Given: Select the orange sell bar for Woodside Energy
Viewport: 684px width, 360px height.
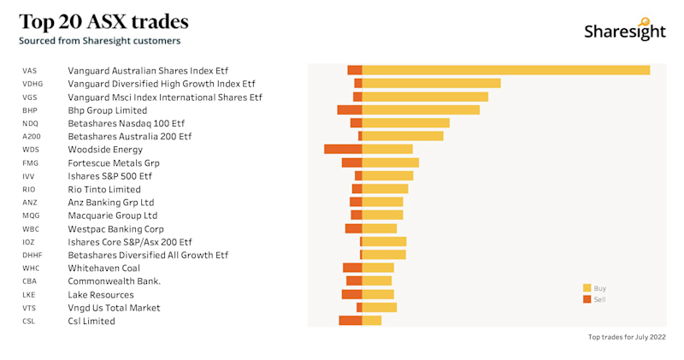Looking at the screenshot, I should pyautogui.click(x=343, y=150).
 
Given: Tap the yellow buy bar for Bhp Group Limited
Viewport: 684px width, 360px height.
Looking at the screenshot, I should pyautogui.click(x=421, y=109).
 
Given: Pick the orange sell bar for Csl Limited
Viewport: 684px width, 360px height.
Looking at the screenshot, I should pyautogui.click(x=351, y=321).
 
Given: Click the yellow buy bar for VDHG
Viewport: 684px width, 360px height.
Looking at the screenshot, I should pyautogui.click(x=432, y=83).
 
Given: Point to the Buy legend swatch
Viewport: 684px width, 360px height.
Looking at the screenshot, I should pyautogui.click(x=587, y=288).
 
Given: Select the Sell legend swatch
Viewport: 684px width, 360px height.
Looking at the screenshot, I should pyautogui.click(x=587, y=299).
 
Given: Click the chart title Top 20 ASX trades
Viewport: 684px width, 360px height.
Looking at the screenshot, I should pyautogui.click(x=103, y=21).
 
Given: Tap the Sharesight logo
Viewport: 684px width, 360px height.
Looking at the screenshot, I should pyautogui.click(x=624, y=30).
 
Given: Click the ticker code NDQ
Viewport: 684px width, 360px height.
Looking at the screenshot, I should pyautogui.click(x=31, y=123).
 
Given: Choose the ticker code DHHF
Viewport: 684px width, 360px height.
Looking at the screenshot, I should pyautogui.click(x=32, y=255).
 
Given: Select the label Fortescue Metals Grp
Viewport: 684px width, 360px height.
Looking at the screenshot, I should pyautogui.click(x=114, y=162).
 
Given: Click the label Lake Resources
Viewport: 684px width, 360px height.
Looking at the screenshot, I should pyautogui.click(x=101, y=294).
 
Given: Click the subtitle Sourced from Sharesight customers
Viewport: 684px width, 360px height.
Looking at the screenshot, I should pyautogui.click(x=100, y=40).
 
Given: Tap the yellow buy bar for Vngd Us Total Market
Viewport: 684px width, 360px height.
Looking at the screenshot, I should pyautogui.click(x=380, y=308).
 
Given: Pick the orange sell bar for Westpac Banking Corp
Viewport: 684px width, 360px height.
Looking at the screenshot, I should pyautogui.click(x=353, y=228).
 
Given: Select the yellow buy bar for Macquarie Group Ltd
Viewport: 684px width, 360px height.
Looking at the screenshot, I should pyautogui.click(x=382, y=215).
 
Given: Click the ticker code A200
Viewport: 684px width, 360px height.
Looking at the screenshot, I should pyautogui.click(x=32, y=136).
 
